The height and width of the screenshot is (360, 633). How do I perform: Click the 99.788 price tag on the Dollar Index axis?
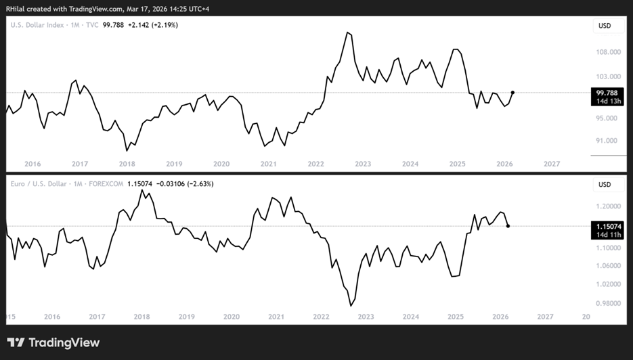607,93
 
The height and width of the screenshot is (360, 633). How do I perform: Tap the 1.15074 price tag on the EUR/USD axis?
607,227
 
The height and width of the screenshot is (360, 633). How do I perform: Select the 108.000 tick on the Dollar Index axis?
609,52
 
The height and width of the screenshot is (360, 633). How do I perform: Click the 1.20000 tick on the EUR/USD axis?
609,206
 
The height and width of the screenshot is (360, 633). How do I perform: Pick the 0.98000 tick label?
609,303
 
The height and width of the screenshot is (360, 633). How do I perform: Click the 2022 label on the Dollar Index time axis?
315,164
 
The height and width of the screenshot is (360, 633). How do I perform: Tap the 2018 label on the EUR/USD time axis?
141,317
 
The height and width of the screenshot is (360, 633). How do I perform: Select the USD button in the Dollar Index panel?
605,26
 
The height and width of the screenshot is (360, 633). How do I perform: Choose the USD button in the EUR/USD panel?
605,185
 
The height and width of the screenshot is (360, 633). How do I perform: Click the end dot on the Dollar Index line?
512,93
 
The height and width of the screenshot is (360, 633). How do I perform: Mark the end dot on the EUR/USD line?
508,226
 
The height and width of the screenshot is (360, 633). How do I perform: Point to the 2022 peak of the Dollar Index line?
347,32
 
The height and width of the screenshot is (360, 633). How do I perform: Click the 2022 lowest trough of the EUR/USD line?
351,305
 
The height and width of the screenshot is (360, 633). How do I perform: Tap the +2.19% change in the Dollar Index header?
165,25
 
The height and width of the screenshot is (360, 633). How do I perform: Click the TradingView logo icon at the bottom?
16,342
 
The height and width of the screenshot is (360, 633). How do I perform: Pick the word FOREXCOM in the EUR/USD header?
106,184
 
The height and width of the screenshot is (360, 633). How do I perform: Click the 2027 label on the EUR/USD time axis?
545,317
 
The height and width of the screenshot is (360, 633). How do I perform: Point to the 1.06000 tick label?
609,265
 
